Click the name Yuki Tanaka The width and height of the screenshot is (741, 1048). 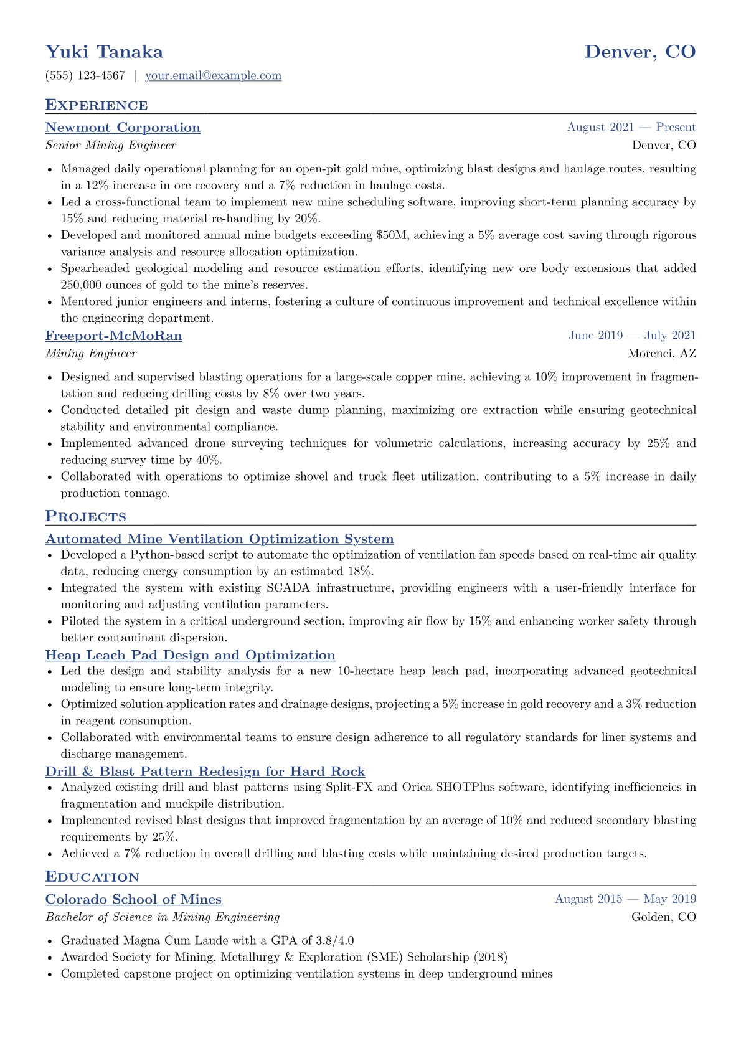click(104, 52)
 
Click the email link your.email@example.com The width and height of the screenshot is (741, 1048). click(213, 76)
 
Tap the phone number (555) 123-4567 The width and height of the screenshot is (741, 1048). click(85, 76)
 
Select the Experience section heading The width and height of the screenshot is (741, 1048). click(97, 105)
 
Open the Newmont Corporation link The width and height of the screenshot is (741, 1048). click(123, 128)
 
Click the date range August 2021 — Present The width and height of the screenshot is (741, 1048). click(631, 128)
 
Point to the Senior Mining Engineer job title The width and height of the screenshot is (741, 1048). click(111, 146)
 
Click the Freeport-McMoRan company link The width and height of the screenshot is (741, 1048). click(113, 336)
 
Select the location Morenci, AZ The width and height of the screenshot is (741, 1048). click(662, 354)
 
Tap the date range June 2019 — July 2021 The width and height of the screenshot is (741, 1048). click(632, 336)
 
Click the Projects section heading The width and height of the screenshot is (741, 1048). click(85, 517)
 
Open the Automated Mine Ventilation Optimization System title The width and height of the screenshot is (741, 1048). click(219, 539)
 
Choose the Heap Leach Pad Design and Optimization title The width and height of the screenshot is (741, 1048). click(190, 656)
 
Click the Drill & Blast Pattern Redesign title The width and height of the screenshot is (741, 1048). click(205, 772)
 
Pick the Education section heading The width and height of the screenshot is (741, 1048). click(92, 877)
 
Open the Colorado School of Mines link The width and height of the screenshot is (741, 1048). click(133, 900)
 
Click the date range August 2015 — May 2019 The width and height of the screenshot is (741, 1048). click(625, 899)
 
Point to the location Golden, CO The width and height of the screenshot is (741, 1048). click(664, 917)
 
